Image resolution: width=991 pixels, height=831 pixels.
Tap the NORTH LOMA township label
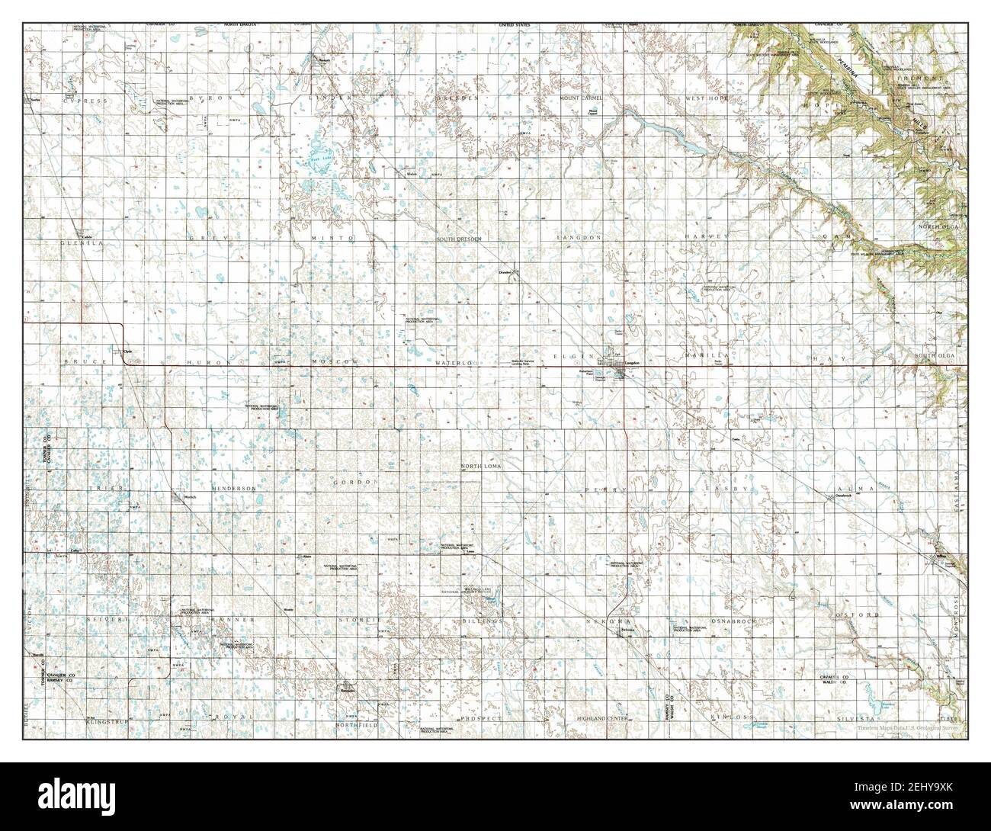click(479, 465)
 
